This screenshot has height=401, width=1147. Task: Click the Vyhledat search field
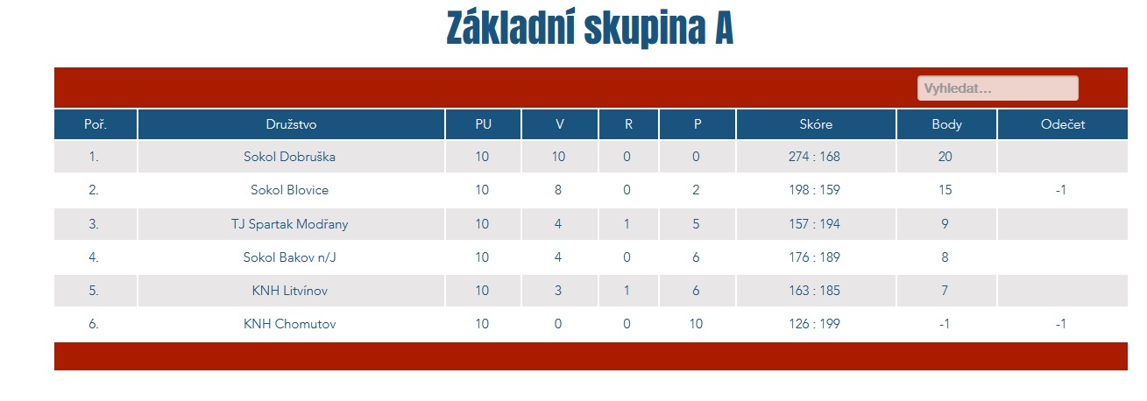(997, 88)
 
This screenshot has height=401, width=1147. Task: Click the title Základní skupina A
(590, 28)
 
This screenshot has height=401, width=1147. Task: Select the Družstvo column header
(291, 124)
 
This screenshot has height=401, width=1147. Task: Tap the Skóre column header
(816, 124)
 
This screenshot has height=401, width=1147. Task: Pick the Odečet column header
(1063, 124)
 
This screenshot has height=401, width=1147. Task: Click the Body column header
(946, 124)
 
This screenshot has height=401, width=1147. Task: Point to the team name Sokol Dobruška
(289, 157)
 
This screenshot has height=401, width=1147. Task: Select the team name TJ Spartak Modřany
(289, 224)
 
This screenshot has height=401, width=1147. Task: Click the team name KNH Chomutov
(289, 324)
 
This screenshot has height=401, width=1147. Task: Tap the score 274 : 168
(814, 157)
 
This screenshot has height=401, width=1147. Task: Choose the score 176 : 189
(814, 257)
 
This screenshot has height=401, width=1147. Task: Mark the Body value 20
(945, 157)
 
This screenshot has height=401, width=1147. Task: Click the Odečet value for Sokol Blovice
(1060, 190)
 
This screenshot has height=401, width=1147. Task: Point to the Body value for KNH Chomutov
(945, 324)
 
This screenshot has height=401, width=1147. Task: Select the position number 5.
(93, 291)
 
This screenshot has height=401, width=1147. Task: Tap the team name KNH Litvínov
(289, 291)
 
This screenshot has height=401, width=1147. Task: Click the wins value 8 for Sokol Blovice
(557, 190)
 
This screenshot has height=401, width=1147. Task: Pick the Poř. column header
(96, 124)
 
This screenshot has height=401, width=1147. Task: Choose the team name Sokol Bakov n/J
(289, 257)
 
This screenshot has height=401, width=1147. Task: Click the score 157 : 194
(814, 224)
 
